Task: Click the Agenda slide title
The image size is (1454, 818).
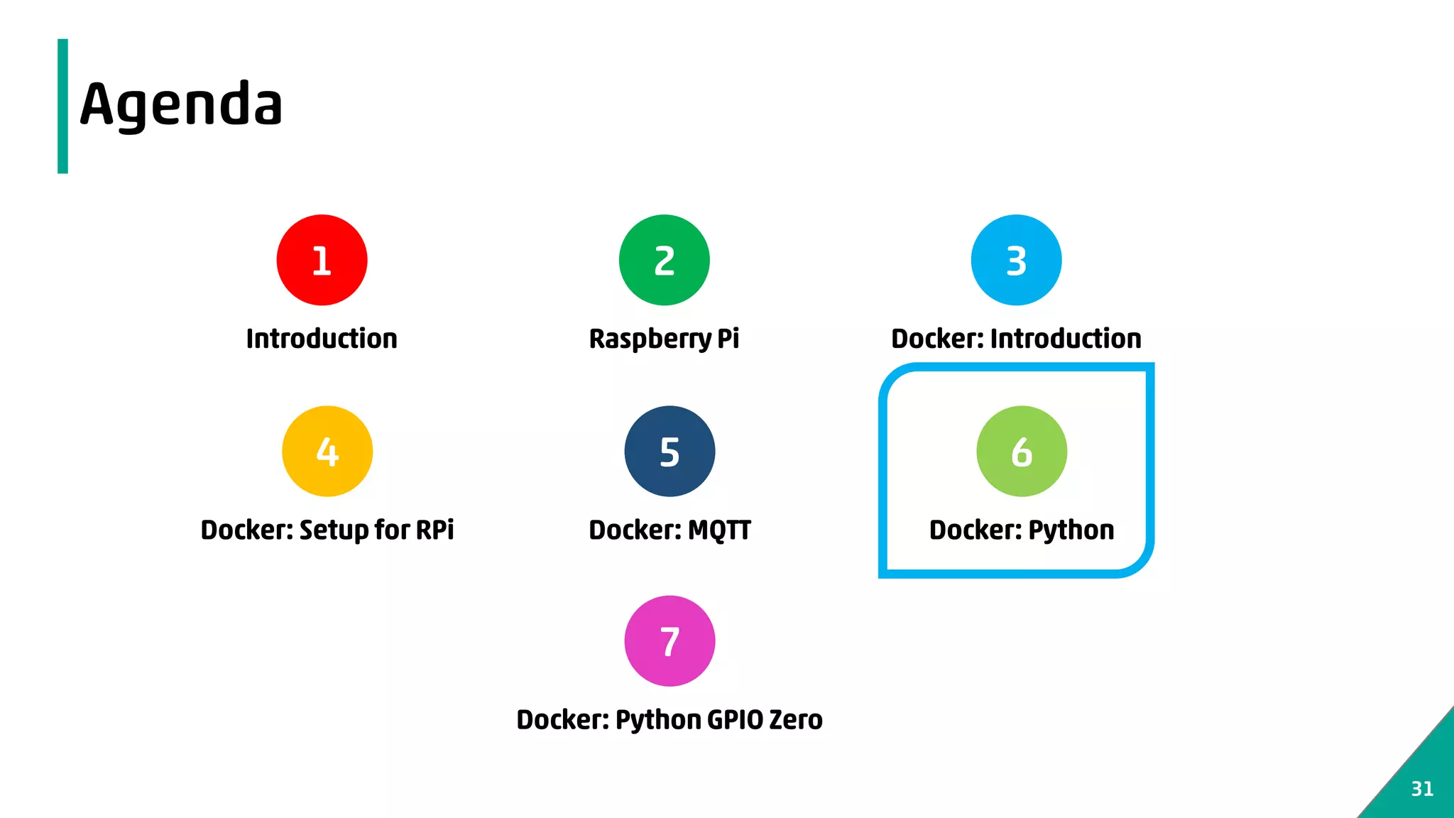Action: pyautogui.click(x=181, y=104)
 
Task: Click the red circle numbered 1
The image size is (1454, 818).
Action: pyautogui.click(x=322, y=260)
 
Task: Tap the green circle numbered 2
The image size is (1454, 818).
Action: pyautogui.click(x=664, y=260)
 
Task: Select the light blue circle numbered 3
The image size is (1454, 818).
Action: pyautogui.click(x=1016, y=260)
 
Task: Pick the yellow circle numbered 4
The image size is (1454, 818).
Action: pyautogui.click(x=327, y=451)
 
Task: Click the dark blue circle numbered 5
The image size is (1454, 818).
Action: pyautogui.click(x=669, y=451)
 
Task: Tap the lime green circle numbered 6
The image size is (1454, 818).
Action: pyautogui.click(x=1022, y=451)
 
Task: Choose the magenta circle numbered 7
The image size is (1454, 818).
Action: pyautogui.click(x=669, y=640)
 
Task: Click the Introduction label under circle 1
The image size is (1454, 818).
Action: pyautogui.click(x=322, y=339)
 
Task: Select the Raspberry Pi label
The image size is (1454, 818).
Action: pyautogui.click(x=664, y=339)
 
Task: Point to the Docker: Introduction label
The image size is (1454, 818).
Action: pyautogui.click(x=1016, y=339)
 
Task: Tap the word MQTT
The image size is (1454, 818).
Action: pyautogui.click(x=719, y=530)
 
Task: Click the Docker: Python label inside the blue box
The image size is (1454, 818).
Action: pyautogui.click(x=1022, y=530)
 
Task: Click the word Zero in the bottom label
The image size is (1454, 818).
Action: pyautogui.click(x=796, y=719)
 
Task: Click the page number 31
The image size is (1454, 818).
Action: pyautogui.click(x=1422, y=789)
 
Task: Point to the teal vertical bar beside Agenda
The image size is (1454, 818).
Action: pyautogui.click(x=62, y=106)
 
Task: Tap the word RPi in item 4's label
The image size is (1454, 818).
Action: pyautogui.click(x=434, y=530)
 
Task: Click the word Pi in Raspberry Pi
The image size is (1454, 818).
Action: pyautogui.click(x=728, y=339)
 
